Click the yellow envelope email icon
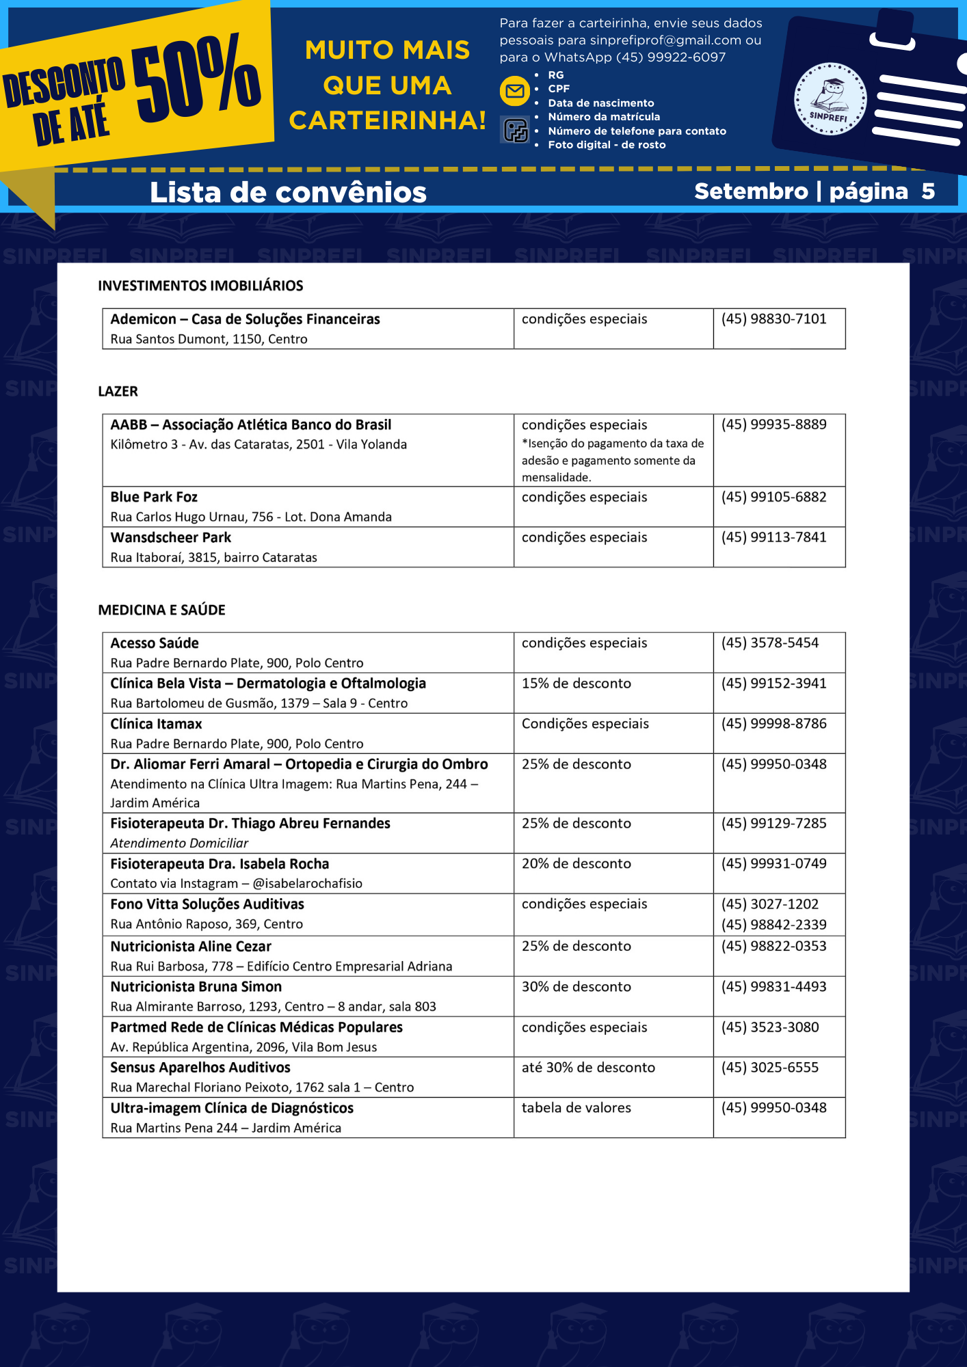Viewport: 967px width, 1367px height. click(514, 91)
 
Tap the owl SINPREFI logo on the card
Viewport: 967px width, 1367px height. click(830, 99)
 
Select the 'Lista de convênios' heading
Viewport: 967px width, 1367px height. click(288, 193)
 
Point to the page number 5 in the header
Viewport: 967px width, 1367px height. click(927, 191)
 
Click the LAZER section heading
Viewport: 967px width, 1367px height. click(118, 392)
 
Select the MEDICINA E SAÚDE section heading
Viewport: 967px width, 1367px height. click(161, 610)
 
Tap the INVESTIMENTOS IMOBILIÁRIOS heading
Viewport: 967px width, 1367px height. click(200, 286)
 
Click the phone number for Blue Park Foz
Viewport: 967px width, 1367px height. click(773, 497)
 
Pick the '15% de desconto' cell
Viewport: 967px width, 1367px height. click(576, 683)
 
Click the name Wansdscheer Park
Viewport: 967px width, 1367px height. click(171, 538)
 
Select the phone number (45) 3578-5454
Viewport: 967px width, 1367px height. click(769, 643)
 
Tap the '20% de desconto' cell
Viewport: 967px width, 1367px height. click(576, 864)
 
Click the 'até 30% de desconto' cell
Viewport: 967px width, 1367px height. click(588, 1068)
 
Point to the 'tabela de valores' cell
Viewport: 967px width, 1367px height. click(576, 1108)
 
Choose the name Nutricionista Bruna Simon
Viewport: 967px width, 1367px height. click(196, 987)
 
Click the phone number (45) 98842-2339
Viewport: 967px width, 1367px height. click(773, 925)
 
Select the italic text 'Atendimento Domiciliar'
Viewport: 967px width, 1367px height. click(179, 843)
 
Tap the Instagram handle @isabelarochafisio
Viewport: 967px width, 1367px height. click(307, 884)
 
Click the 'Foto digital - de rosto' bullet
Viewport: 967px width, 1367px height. click(607, 145)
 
